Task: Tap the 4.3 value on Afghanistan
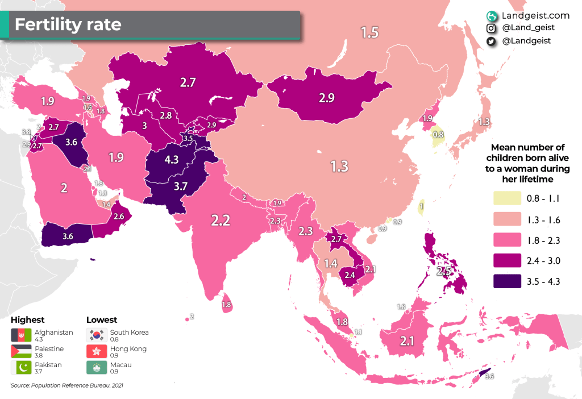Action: coord(171,160)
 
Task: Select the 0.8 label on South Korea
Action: coord(438,135)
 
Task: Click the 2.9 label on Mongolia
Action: coord(326,97)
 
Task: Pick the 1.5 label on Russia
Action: coord(369,32)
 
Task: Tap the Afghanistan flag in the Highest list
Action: coord(21,335)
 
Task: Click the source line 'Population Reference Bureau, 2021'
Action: coord(66,385)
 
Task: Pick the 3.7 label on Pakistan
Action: coord(181,185)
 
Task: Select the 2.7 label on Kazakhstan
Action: coord(188,82)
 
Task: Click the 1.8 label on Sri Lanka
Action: coord(226,305)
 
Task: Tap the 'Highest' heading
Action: coord(27,319)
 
